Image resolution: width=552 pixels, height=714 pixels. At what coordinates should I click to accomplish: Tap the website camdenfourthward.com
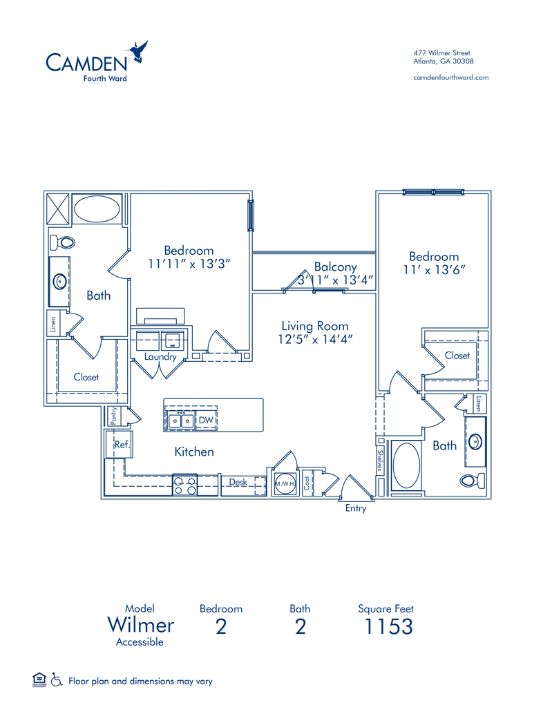[x=450, y=77]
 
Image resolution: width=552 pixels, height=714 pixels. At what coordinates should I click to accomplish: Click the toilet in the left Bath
[x=64, y=242]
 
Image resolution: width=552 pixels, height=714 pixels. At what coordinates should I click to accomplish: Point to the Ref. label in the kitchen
[x=122, y=445]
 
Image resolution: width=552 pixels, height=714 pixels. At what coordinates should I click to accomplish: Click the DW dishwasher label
[x=206, y=420]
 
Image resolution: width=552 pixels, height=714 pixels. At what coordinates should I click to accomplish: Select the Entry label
[x=356, y=509]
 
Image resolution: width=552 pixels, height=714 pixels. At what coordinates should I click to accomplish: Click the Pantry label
[x=114, y=416]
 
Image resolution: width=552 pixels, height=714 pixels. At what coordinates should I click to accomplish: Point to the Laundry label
[x=160, y=357]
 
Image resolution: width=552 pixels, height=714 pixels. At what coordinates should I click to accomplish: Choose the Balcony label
[x=335, y=267]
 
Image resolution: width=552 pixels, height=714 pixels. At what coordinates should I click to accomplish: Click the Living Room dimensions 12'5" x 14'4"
[x=316, y=339]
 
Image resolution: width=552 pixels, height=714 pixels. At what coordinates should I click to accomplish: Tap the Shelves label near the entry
[x=380, y=461]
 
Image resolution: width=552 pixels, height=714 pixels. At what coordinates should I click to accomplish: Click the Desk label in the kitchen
[x=238, y=482]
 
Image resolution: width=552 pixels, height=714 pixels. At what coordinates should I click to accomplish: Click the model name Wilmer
[x=140, y=626]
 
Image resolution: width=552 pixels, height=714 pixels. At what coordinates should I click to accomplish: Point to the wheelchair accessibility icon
[x=56, y=680]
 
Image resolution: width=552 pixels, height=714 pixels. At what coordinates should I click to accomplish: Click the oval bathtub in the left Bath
[x=96, y=209]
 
